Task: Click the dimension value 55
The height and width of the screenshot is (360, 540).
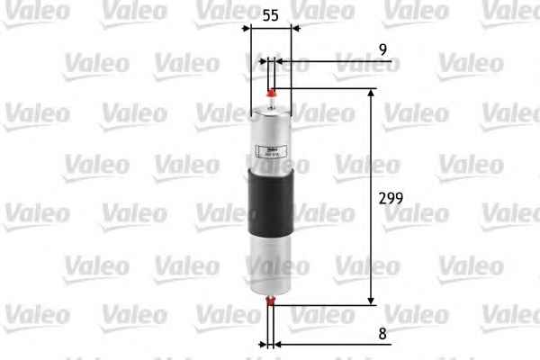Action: click(x=269, y=15)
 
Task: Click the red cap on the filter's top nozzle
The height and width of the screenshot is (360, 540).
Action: click(x=271, y=90)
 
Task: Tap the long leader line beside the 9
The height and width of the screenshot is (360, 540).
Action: click(x=333, y=63)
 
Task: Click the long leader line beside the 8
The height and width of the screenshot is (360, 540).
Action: click(x=333, y=344)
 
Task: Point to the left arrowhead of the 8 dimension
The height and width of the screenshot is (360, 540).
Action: click(x=264, y=344)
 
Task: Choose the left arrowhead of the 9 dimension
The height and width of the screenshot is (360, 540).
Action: click(x=264, y=63)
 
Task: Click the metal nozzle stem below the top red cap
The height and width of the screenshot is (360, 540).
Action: click(x=271, y=101)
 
